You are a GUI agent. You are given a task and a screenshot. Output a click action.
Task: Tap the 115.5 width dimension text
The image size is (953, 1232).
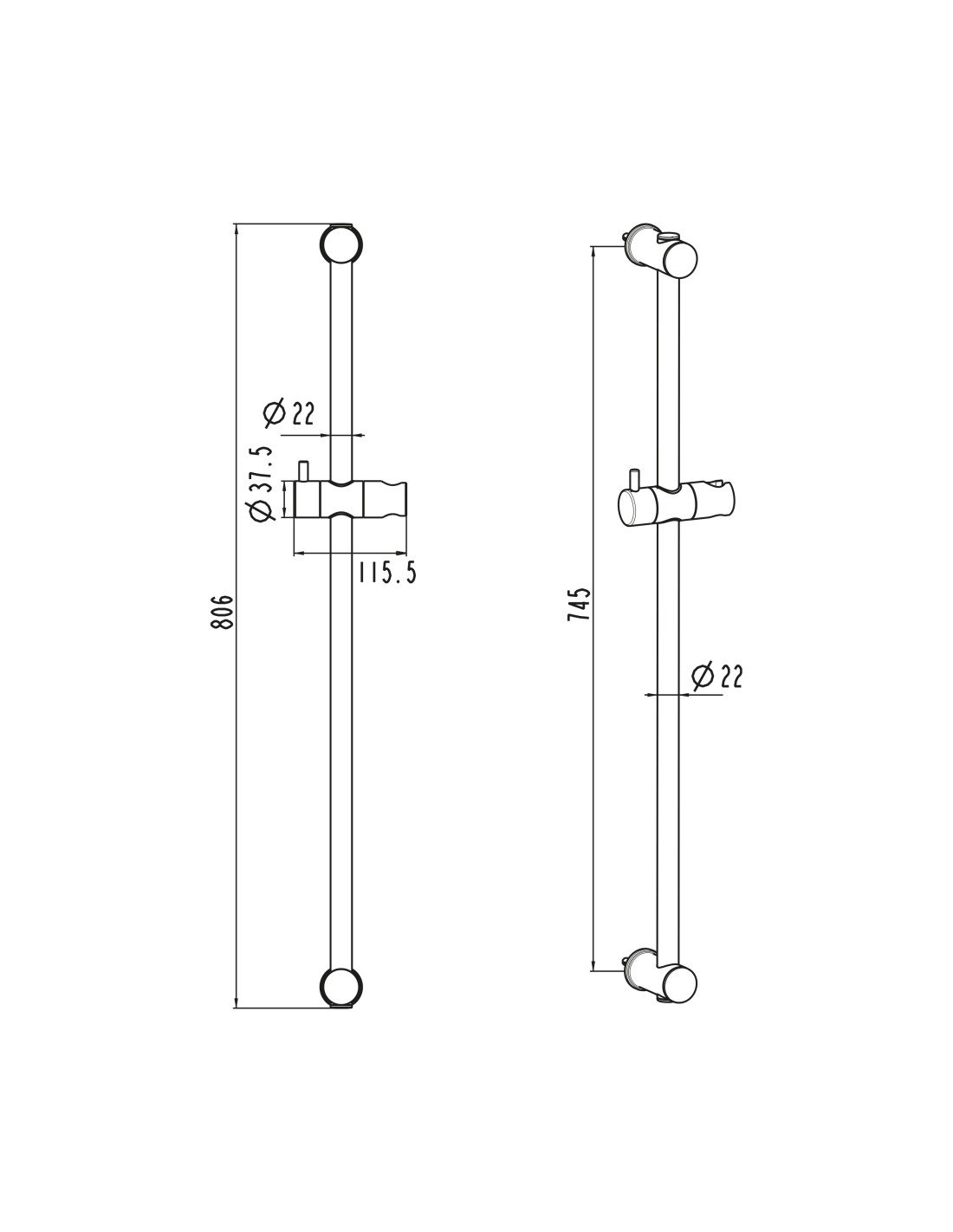tap(386, 572)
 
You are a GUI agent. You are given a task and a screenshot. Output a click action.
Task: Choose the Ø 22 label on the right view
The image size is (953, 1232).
tap(716, 676)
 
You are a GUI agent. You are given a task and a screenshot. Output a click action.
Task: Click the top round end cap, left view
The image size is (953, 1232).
tap(340, 244)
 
